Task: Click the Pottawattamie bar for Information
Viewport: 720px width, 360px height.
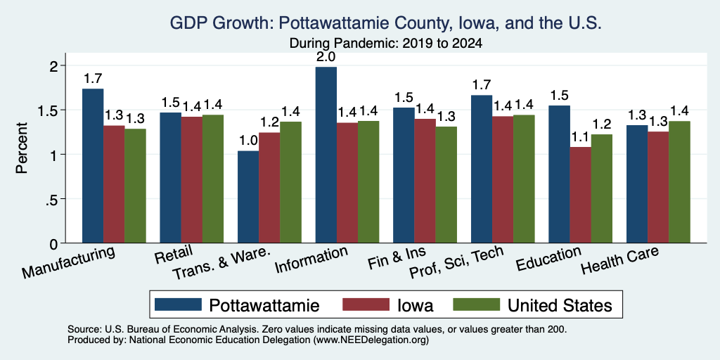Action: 326,155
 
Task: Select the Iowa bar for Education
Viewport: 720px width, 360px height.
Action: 580,195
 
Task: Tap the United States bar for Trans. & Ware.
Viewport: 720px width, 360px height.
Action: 290,182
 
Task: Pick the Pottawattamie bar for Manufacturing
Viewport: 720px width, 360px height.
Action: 93,166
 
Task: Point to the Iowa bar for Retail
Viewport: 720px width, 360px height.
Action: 191,179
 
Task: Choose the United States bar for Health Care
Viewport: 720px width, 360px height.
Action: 680,182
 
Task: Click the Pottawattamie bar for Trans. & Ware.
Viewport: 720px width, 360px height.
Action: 248,197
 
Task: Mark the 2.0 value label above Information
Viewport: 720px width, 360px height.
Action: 326,57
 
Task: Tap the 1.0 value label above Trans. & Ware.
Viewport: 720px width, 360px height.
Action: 248,141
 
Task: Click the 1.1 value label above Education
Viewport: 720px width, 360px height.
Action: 580,137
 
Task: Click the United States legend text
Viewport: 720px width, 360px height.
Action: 559,305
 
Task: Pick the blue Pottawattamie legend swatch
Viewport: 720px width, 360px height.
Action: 178,304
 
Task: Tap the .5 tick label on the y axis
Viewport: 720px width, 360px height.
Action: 52,199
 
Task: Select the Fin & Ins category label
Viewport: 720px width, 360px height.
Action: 397,259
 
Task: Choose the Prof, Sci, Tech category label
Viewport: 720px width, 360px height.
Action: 456,262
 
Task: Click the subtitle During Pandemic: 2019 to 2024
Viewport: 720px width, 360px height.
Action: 385,44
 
